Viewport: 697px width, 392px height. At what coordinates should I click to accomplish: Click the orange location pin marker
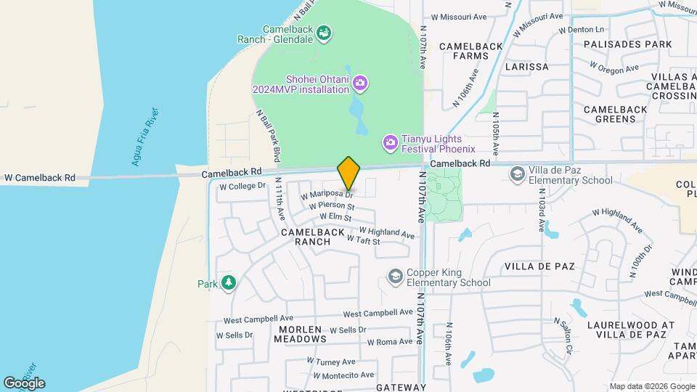point(348,173)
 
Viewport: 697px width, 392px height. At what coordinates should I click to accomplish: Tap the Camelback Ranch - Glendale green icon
point(324,32)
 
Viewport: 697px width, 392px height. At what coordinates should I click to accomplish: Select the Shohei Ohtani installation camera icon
point(359,84)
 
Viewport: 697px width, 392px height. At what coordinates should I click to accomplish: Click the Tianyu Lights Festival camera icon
point(391,143)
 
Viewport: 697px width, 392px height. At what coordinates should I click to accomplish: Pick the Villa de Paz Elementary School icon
point(517,174)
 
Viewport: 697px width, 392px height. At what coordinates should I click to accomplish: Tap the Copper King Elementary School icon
point(395,277)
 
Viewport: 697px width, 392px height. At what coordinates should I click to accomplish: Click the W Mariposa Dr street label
point(327,194)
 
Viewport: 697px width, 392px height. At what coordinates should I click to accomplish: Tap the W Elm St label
point(335,218)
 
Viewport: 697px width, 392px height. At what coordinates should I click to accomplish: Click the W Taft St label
point(363,240)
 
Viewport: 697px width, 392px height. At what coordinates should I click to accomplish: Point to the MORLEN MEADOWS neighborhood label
point(300,334)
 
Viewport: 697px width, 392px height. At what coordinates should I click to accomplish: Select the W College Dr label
point(242,187)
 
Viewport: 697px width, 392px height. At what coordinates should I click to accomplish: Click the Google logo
point(24,383)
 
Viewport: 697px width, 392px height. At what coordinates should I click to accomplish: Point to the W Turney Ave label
point(330,361)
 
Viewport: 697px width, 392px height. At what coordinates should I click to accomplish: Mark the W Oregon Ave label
point(614,67)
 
